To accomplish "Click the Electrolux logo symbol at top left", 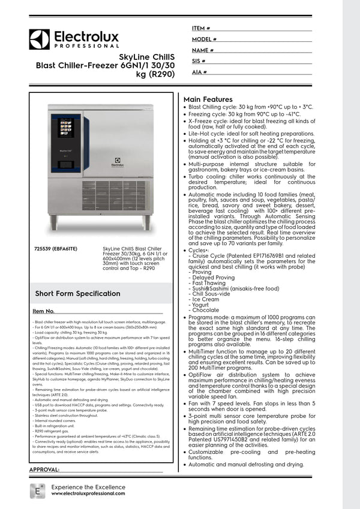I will click(39, 40).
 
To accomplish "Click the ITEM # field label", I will click(201, 28).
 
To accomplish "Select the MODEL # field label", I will click(204, 39).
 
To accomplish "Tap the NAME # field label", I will click(203, 50).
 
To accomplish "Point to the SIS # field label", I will click(199, 61).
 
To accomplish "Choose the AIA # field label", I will click(199, 72).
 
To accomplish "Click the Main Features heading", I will click(208, 100).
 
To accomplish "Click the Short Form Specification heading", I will click(77, 293).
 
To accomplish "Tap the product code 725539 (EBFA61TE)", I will click(59, 248).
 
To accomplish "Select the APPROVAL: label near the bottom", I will click(44, 469).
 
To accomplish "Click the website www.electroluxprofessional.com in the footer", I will click(88, 493).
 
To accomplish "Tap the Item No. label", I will click(44, 311).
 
